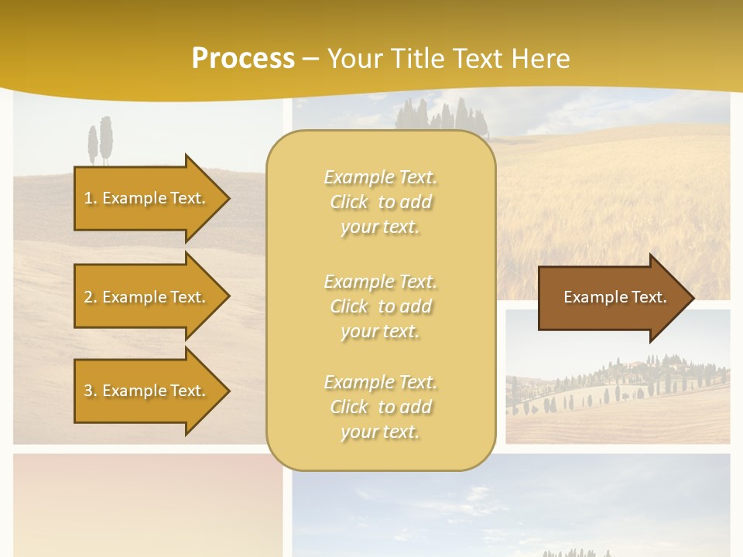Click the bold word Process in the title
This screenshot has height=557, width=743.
point(243,59)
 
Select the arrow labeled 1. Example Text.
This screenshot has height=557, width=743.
point(147,198)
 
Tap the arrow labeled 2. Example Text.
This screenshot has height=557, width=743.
point(147,297)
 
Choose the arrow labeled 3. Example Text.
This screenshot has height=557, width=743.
point(147,391)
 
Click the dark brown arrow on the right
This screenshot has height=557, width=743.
point(611,297)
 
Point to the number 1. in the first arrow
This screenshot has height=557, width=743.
point(91,198)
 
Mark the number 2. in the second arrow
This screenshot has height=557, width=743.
point(91,297)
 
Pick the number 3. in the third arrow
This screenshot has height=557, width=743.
point(91,391)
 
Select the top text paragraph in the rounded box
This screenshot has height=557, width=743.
point(380,202)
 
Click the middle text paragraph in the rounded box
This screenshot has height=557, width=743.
point(380,306)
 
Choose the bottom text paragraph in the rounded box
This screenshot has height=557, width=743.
point(380,407)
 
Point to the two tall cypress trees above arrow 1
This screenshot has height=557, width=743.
point(100,141)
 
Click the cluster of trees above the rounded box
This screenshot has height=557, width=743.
point(442,116)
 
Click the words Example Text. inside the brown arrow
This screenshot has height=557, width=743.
point(615,297)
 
